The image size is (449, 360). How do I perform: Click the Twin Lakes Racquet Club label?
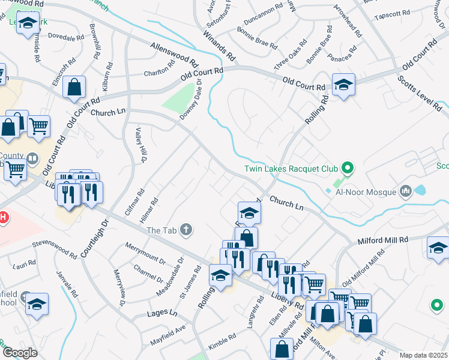[290, 169]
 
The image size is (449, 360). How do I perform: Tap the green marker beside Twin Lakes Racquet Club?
[346, 167]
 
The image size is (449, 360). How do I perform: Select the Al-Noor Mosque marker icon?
[406, 192]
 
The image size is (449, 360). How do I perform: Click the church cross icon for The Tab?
[187, 230]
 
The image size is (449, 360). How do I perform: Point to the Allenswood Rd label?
[174, 55]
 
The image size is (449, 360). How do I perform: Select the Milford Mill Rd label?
[383, 240]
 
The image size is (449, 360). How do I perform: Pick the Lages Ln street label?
[163, 314]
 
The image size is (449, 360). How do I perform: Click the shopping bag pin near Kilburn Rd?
[74, 86]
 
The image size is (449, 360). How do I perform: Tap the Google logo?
[20, 352]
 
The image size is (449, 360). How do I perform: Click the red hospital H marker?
[2, 217]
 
